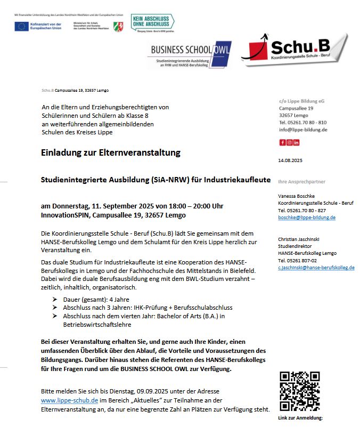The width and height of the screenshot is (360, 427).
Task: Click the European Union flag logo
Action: (x=22, y=26)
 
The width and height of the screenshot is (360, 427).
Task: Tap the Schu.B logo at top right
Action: (x=294, y=50)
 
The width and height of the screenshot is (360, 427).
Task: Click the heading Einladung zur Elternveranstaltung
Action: (x=111, y=153)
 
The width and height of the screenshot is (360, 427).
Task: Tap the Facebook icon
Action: (x=282, y=142)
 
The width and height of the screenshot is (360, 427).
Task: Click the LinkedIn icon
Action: (x=296, y=142)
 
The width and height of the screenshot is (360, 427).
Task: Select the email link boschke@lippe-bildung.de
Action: (x=307, y=217)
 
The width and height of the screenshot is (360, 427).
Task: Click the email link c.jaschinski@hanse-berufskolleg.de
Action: (x=316, y=268)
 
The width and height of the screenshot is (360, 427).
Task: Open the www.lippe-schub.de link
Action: (x=69, y=400)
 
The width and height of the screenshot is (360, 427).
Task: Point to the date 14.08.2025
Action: (x=290, y=160)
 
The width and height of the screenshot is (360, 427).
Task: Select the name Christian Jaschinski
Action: (x=302, y=239)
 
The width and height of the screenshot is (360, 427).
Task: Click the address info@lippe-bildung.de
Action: (x=303, y=130)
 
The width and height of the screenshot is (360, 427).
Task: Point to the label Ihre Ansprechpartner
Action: (x=302, y=182)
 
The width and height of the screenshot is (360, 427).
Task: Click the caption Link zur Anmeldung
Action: (x=300, y=418)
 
